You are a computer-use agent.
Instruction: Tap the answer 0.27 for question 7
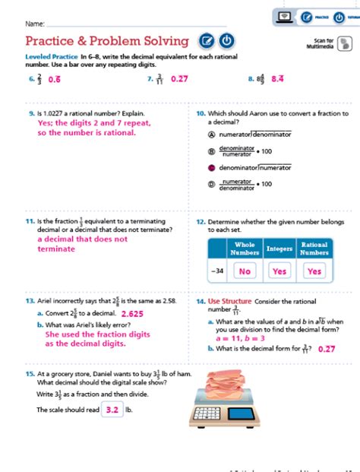(x=179, y=78)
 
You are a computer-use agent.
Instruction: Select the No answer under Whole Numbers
(x=245, y=271)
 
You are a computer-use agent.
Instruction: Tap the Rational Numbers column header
(x=314, y=249)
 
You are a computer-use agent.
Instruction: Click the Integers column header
(x=279, y=249)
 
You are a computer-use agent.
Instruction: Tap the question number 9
(x=29, y=114)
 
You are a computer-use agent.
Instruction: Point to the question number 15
(x=30, y=374)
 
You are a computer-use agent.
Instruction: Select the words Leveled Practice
(x=52, y=58)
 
